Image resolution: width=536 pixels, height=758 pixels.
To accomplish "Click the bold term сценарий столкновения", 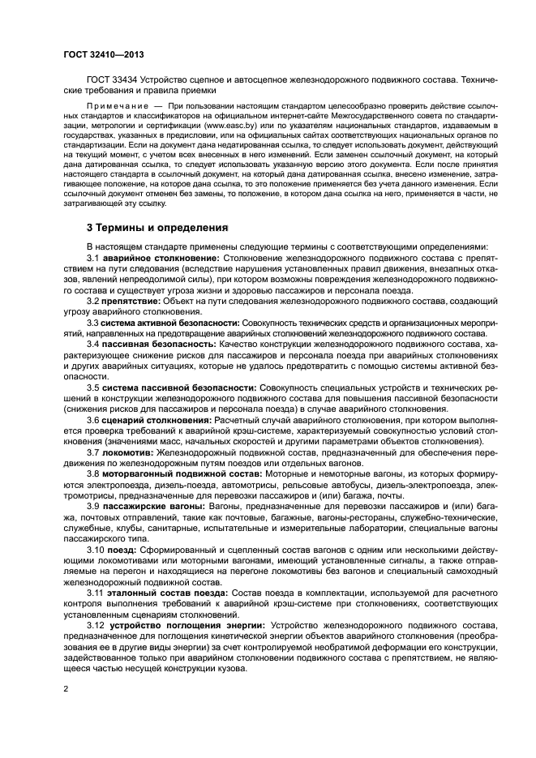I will point(153,422).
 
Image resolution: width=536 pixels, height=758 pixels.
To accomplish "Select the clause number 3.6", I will point(94,422).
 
